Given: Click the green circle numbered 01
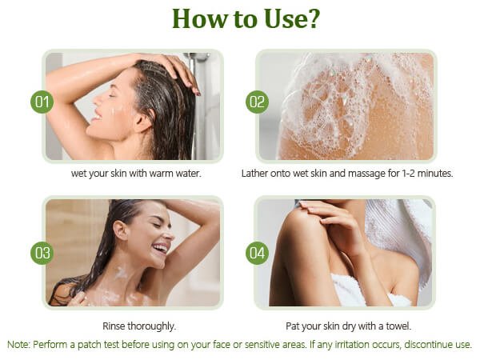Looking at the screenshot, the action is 42,102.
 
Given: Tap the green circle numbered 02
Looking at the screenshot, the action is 257,102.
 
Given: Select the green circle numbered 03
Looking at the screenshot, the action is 42,253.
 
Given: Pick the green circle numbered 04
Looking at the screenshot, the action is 257,253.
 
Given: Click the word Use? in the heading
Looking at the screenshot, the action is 292,18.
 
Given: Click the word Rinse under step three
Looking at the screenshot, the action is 114,326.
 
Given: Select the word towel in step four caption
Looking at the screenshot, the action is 398,326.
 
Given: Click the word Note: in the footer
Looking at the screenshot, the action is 19,344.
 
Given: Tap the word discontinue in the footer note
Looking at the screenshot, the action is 427,344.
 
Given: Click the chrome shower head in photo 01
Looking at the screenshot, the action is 197,57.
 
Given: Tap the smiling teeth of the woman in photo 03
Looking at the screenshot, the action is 162,247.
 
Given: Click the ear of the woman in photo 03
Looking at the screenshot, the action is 120,230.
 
